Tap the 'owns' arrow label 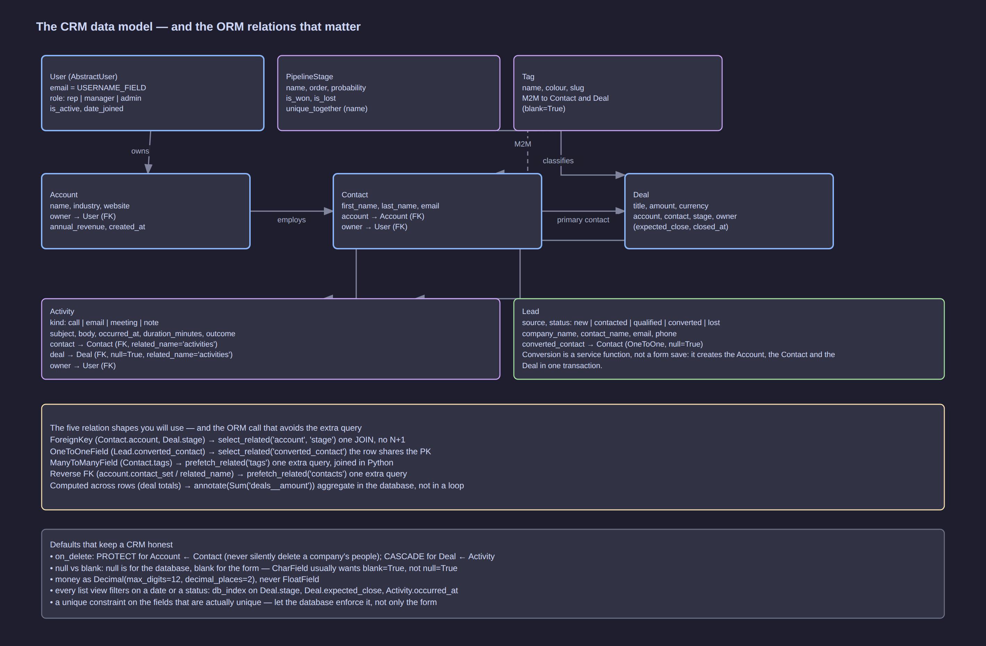coord(140,151)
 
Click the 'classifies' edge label coord(558,161)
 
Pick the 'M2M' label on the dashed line coord(523,144)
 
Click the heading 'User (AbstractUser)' coord(84,77)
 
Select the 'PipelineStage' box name coord(309,77)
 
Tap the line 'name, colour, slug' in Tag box coord(553,88)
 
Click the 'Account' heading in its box coord(64,195)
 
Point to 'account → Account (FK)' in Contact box coord(383,216)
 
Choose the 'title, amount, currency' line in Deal coord(670,206)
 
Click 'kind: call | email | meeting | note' coord(104,322)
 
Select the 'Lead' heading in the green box coord(530,312)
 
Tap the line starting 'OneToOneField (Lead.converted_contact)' coord(240,451)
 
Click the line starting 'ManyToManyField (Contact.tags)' coord(222,462)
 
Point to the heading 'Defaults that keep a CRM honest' coord(111,545)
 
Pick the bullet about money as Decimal coord(184,579)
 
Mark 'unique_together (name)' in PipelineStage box coord(326,109)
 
